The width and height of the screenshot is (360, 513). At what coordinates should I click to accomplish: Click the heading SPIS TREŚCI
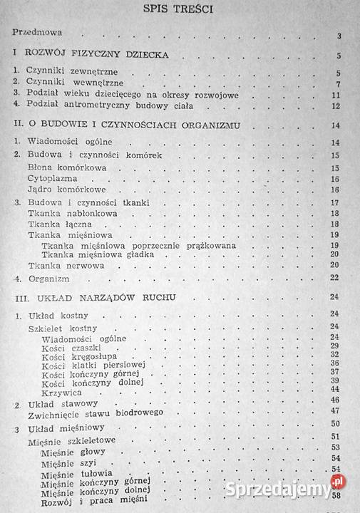pos(179,9)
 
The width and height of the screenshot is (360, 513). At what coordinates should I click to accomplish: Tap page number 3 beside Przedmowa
pos(340,36)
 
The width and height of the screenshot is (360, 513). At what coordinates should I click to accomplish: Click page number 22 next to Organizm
pos(339,278)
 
